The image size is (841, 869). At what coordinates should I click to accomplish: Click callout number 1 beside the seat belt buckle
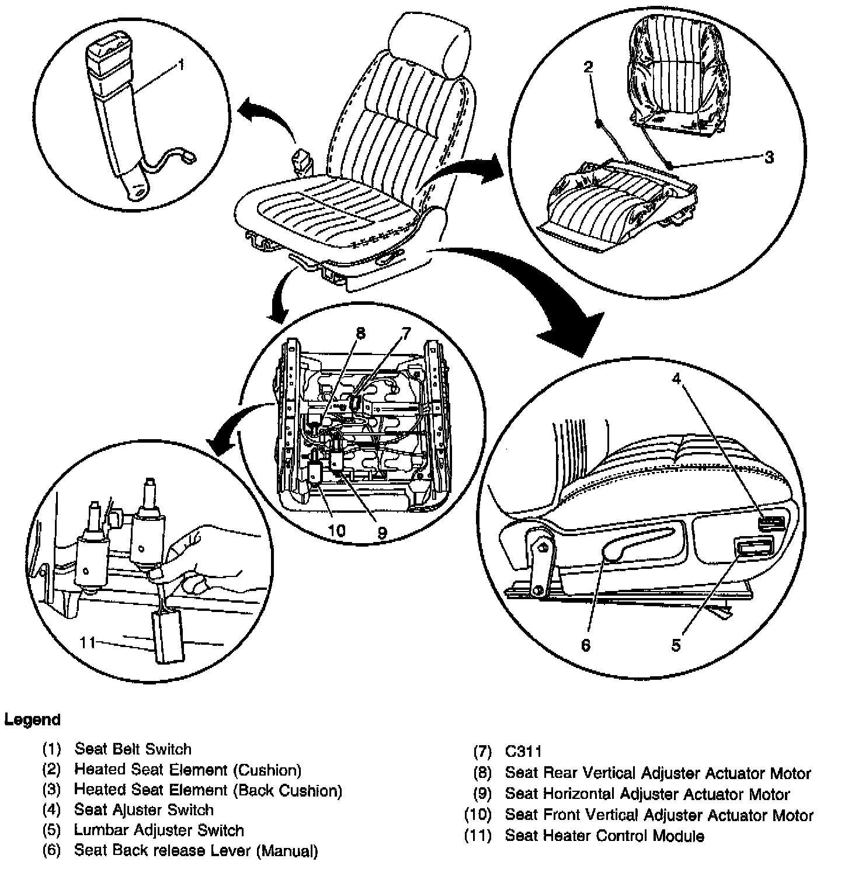click(x=182, y=65)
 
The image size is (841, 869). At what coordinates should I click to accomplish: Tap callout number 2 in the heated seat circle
click(x=588, y=67)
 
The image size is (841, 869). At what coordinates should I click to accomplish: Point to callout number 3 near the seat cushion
click(x=769, y=157)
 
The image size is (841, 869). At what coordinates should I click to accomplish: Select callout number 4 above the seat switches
click(x=676, y=379)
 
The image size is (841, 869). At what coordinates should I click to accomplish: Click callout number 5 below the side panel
click(x=676, y=645)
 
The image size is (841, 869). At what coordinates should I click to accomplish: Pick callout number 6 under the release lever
click(x=585, y=645)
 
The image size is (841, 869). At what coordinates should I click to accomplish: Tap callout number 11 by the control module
click(x=88, y=642)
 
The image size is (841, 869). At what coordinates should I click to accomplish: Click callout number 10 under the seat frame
click(x=337, y=531)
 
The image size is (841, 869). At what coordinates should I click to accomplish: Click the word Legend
click(x=32, y=719)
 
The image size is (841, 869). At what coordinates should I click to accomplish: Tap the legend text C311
click(x=523, y=752)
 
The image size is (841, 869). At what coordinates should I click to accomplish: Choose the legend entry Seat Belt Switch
click(x=133, y=749)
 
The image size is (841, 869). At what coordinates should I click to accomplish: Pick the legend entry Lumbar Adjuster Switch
click(x=159, y=830)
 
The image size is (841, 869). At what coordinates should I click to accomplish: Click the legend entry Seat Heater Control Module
click(x=604, y=836)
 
